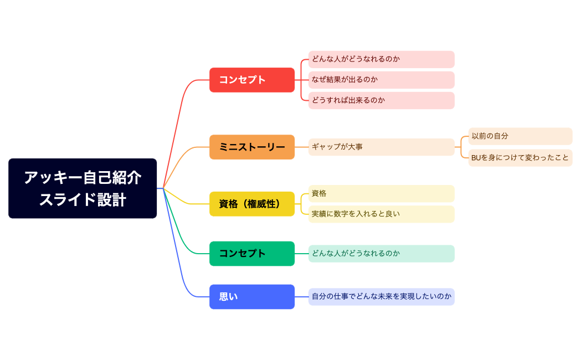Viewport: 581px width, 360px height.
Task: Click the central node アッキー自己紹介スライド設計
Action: pyautogui.click(x=83, y=188)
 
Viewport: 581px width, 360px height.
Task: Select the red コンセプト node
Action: pyautogui.click(x=251, y=80)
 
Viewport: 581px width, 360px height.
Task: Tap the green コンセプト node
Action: pyautogui.click(x=251, y=254)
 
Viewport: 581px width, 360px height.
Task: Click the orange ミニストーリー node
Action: pyautogui.click(x=251, y=147)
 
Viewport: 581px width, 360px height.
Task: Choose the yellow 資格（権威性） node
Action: pyautogui.click(x=251, y=204)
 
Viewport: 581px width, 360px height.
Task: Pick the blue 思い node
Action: pyautogui.click(x=251, y=297)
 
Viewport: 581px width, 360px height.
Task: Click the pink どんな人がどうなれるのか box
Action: pyautogui.click(x=381, y=59)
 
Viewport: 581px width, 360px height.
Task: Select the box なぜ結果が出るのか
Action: pyautogui.click(x=381, y=80)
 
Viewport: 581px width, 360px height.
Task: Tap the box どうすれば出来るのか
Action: pyautogui.click(x=381, y=100)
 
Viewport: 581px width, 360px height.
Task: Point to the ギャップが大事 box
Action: pyautogui.click(x=381, y=147)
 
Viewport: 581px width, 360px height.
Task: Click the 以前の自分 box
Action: pyautogui.click(x=520, y=136)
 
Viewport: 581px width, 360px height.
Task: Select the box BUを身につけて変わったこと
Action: pyautogui.click(x=520, y=157)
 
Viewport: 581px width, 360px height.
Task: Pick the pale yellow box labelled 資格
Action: pyautogui.click(x=381, y=193)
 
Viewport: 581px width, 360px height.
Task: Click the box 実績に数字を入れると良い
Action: pyautogui.click(x=381, y=214)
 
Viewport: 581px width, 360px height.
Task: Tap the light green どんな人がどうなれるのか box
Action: pyautogui.click(x=381, y=254)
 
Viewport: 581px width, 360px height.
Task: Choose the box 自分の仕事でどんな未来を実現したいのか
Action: pyautogui.click(x=381, y=297)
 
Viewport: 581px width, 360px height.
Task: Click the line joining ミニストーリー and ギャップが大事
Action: pyautogui.click(x=301, y=147)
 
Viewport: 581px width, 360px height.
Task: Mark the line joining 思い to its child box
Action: pyautogui.click(x=301, y=297)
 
